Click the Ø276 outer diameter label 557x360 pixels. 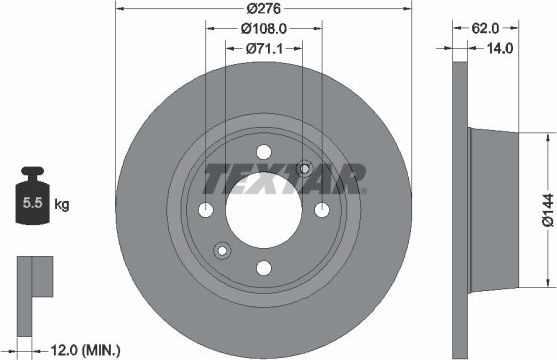tap(264, 9)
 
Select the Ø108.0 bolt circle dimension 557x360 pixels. tap(264, 29)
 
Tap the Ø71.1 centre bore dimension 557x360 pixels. tap(264, 47)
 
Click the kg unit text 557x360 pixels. tap(62, 205)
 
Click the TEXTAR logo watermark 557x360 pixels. tap(284, 180)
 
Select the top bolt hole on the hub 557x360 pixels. tap(264, 152)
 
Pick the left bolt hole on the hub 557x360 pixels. tap(206, 210)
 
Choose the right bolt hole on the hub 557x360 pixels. tap(322, 210)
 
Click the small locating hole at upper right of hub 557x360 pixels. tap(305, 169)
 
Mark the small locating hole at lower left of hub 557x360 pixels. tap(223, 250)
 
